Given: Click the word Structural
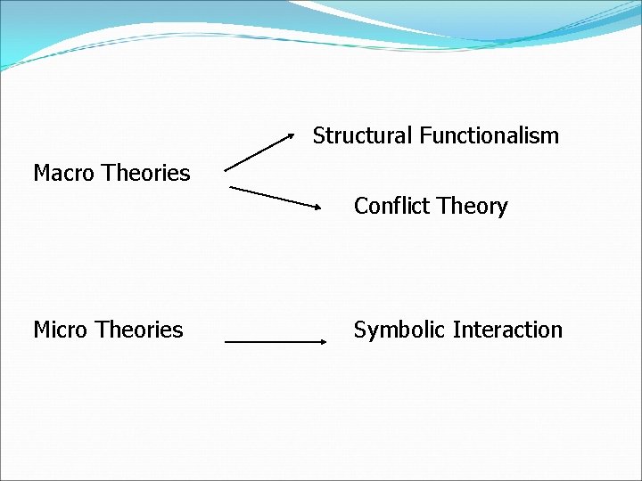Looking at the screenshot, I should coord(363,136).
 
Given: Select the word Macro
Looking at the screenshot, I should coord(64,173).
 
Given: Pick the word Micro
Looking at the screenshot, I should coord(62,330).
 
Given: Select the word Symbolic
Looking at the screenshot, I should coord(400,330).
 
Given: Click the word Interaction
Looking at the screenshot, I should coord(507,330).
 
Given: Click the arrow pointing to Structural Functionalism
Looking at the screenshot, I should coord(259,151).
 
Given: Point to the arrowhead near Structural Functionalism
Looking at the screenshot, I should coord(291,135).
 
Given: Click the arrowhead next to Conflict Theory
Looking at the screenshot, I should coord(317,206).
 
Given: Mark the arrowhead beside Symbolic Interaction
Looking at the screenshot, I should coord(323,341).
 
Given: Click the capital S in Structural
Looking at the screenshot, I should coord(318,136).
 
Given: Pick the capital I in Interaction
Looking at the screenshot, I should coord(456,330).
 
